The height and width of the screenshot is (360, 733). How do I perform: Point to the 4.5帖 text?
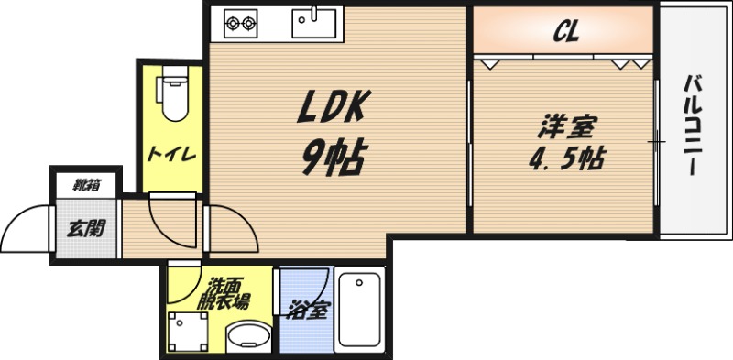(565, 158)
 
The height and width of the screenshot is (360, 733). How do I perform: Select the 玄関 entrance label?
(84, 224)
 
